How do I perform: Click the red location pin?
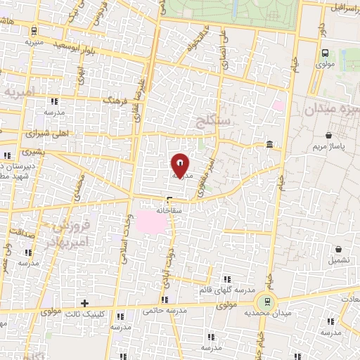point(181,165)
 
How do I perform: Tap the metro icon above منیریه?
point(34,30)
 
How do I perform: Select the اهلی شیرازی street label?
point(45,132)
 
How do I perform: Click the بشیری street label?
point(31,152)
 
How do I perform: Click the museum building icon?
point(270,145)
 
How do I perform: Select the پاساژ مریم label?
point(329,147)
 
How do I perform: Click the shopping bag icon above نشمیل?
point(339,248)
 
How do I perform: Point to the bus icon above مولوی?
point(324,53)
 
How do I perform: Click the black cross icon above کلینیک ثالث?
point(85,304)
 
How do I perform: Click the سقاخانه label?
point(170,210)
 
